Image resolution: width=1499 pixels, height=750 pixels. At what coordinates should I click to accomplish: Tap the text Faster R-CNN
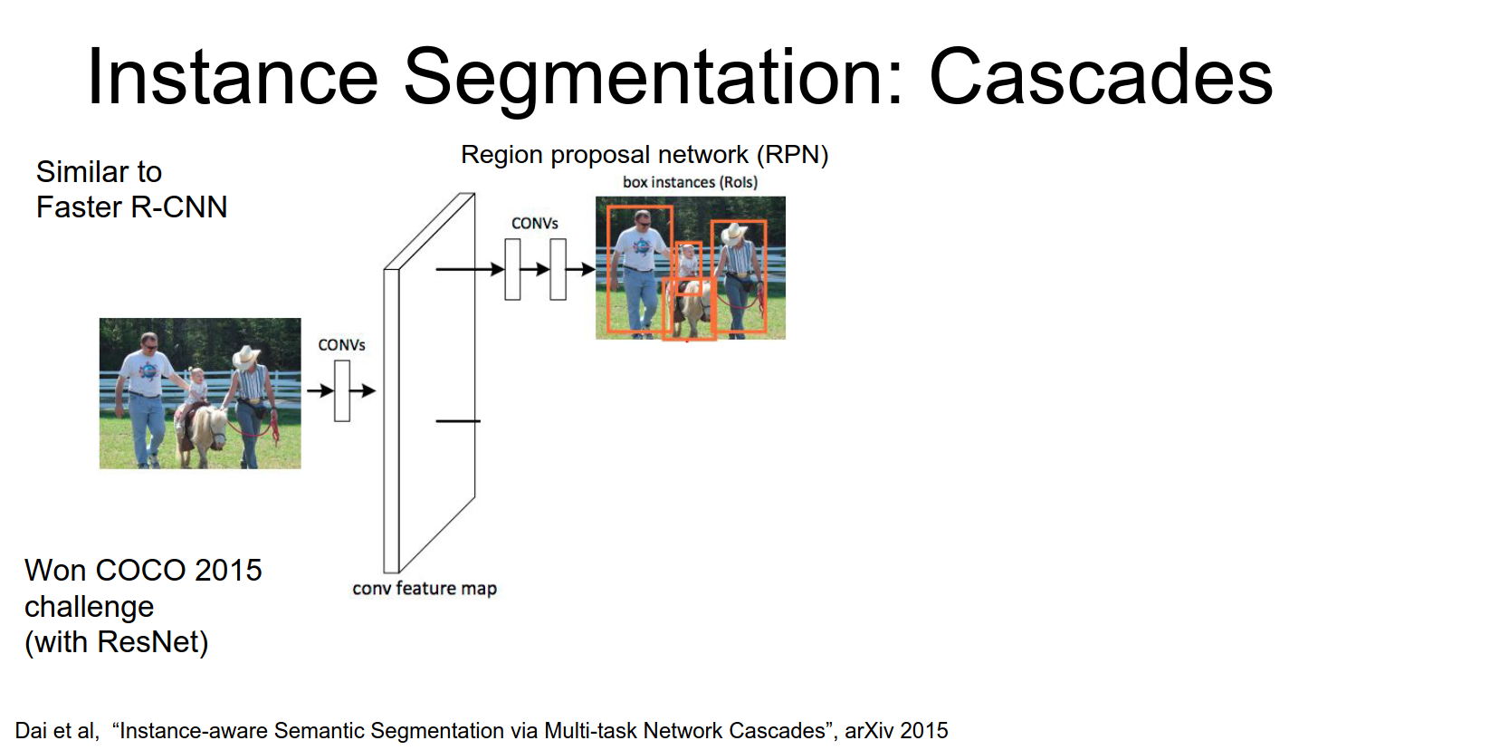tap(131, 207)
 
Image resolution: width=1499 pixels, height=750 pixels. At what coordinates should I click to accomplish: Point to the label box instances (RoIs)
tap(690, 182)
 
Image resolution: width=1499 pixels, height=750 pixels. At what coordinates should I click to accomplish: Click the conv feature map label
tap(425, 589)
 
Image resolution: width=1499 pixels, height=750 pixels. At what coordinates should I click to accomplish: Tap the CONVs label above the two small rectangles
tap(534, 223)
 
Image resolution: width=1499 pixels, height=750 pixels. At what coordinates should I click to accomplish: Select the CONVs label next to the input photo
tap(341, 345)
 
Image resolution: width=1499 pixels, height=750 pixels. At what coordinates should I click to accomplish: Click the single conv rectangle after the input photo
tap(342, 391)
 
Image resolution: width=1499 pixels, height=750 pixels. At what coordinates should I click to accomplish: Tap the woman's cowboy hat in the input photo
tap(245, 356)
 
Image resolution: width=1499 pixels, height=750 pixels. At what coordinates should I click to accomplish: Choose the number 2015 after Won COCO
tap(227, 571)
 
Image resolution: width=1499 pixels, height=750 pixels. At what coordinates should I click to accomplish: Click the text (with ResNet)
tap(117, 642)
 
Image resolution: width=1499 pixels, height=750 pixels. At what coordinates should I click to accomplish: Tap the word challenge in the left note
tap(89, 607)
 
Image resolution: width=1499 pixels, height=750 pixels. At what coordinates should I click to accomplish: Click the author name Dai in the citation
tap(31, 731)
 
